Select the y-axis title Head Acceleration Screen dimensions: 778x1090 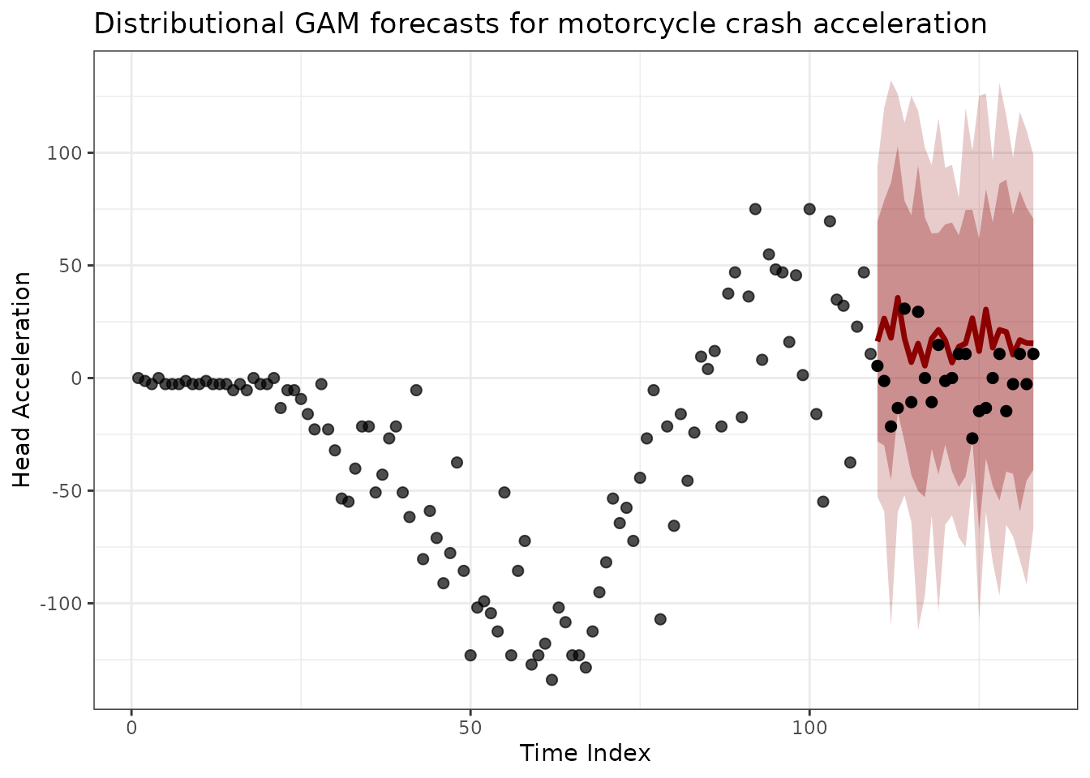[23, 379]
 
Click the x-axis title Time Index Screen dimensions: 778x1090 [585, 754]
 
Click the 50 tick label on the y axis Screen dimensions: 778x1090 [72, 266]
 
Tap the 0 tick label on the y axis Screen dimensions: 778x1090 [78, 378]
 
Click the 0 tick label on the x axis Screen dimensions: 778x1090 [131, 726]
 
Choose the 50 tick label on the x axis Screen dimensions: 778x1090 [470, 726]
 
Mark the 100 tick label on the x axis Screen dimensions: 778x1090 [809, 726]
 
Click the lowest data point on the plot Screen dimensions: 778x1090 [551, 680]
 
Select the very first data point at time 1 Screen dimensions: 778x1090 [138, 378]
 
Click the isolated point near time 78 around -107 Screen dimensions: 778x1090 [660, 619]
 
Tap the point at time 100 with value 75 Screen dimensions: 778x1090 [809, 209]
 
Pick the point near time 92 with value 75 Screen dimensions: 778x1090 [755, 209]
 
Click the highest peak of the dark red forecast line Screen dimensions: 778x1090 [897, 299]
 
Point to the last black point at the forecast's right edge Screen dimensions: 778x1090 [1033, 354]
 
